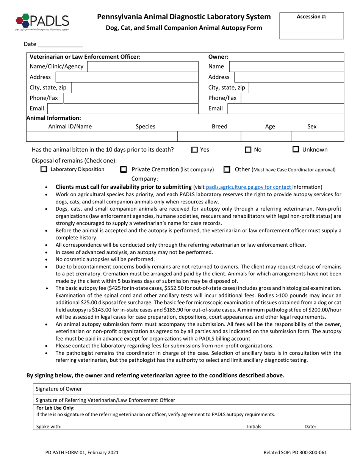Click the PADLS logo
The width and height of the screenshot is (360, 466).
[x=42, y=22]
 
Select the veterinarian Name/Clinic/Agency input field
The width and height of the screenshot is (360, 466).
[x=143, y=67]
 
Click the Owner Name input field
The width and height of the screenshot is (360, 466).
[x=287, y=67]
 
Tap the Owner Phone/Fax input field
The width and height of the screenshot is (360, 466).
[x=292, y=98]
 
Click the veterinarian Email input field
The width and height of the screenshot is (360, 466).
[x=123, y=109]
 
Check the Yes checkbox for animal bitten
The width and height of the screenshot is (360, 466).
[x=194, y=150]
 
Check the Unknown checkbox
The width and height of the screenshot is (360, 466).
[x=296, y=150]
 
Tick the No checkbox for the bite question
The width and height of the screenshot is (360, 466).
[x=248, y=150]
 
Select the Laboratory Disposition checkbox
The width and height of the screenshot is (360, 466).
[x=44, y=170]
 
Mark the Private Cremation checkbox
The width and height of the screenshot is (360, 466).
[x=123, y=170]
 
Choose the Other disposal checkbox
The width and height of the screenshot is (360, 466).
[x=227, y=170]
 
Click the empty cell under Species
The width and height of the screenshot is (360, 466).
[x=146, y=136]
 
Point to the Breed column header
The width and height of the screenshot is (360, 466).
[x=219, y=127]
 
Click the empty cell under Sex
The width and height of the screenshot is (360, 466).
[x=317, y=136]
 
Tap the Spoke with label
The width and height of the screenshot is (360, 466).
[x=49, y=426]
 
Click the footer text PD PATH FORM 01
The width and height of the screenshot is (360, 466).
[x=81, y=452]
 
